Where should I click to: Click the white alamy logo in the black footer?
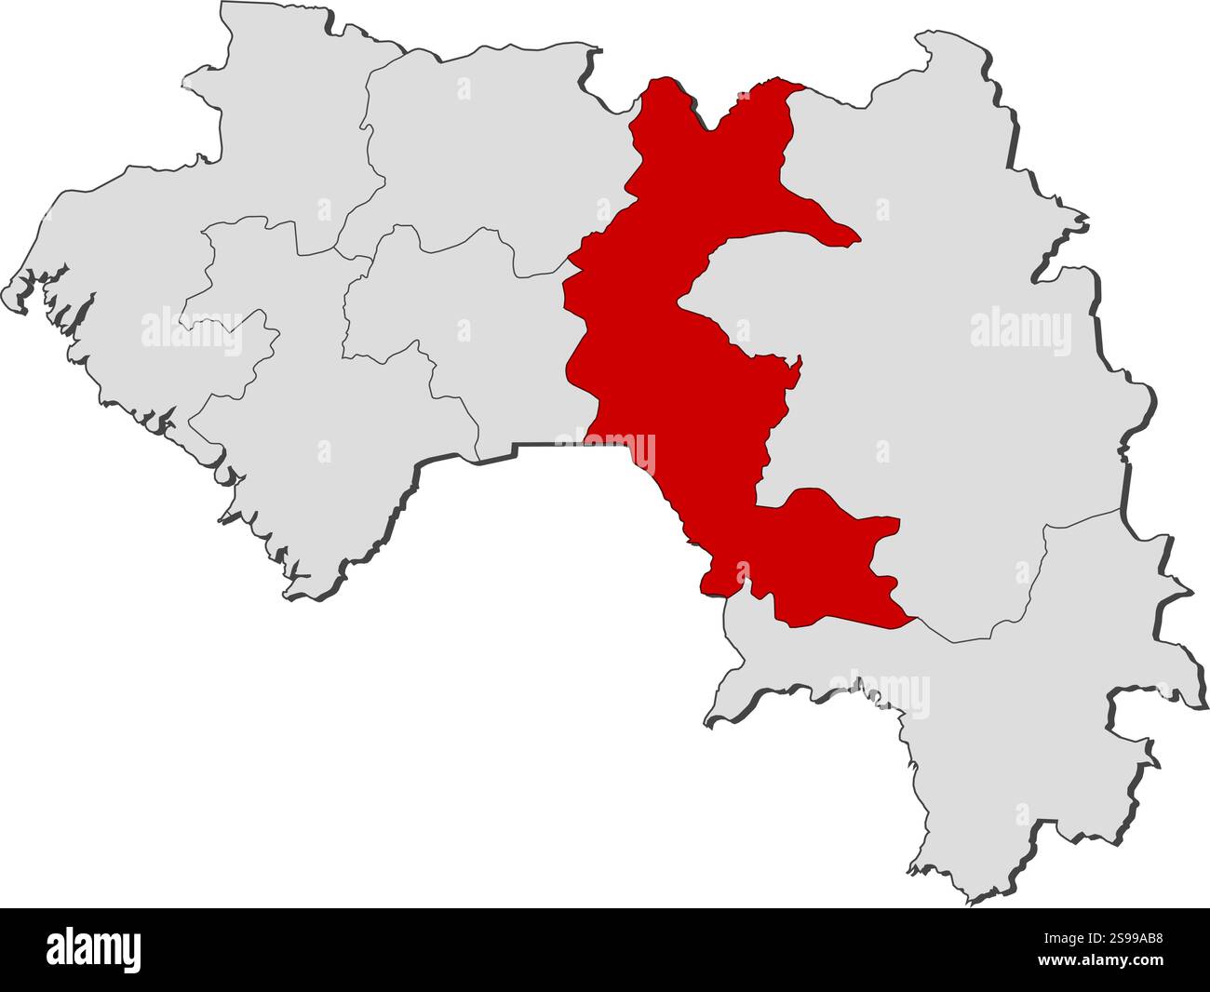[94, 950]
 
